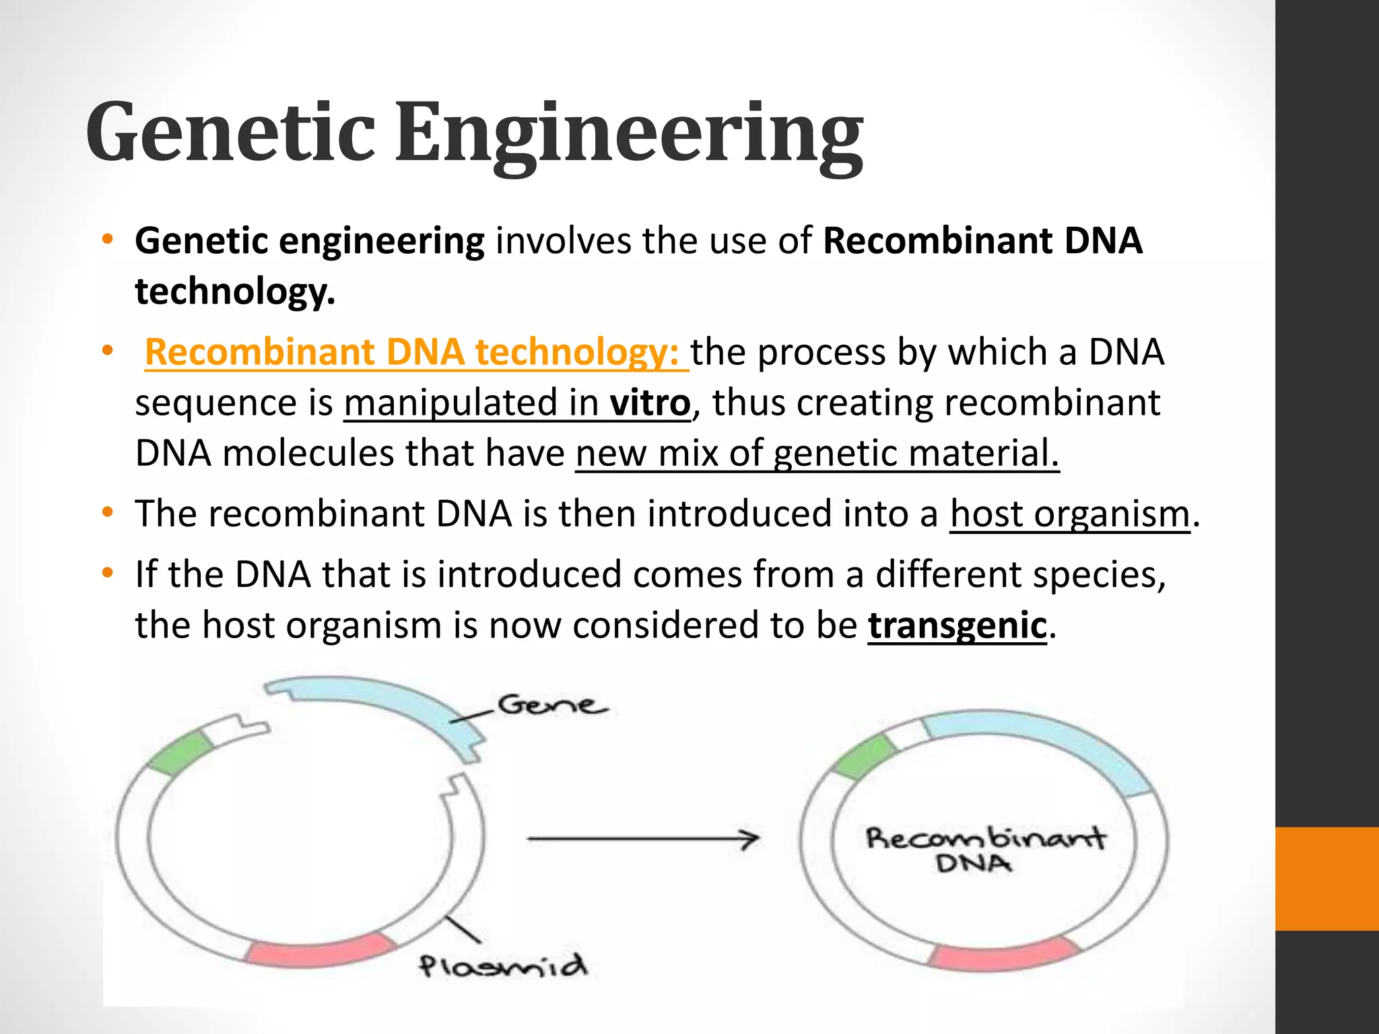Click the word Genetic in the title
pos(230,133)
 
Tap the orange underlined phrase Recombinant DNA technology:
pos(416,352)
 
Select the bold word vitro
pos(650,403)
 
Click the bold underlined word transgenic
pos(957,625)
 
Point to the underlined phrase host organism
pos(1070,514)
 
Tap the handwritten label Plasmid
pos(502,966)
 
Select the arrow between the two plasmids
pos(643,839)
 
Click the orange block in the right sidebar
pos(1326,878)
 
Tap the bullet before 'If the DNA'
pos(107,574)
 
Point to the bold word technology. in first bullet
pos(234,292)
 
